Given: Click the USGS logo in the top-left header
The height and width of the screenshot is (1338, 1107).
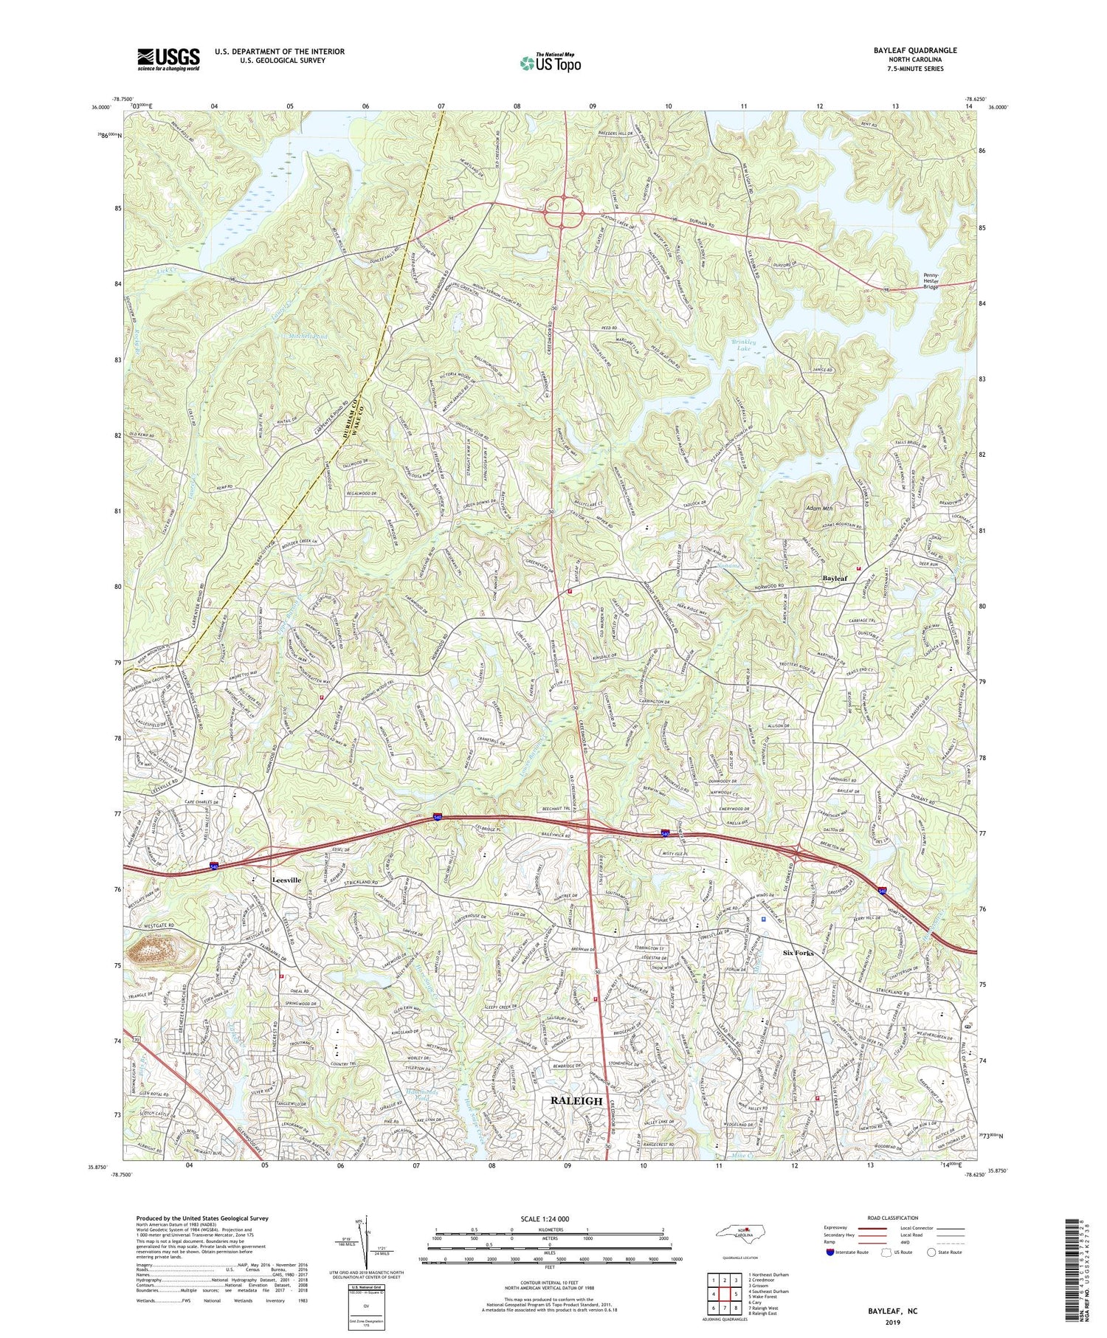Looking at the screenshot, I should (x=168, y=58).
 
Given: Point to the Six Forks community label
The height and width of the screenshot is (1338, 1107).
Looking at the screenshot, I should (x=798, y=953).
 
